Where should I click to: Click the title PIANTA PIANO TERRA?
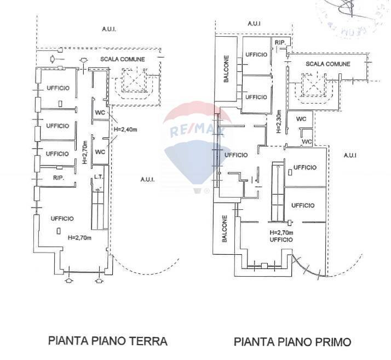[x=108, y=341]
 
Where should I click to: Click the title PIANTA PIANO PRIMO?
[x=292, y=342]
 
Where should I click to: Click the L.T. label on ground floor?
[x=99, y=176]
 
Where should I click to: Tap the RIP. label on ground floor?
[x=59, y=179]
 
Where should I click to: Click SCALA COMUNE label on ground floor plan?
[x=122, y=59]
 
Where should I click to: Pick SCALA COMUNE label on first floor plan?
[x=327, y=64]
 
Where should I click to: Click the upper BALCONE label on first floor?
[x=226, y=69]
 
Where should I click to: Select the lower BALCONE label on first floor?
[x=225, y=228]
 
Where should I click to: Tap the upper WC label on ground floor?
[x=100, y=113]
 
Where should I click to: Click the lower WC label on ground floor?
[x=100, y=152]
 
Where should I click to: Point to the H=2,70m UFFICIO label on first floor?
[x=280, y=236]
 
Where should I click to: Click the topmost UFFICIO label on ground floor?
[x=58, y=88]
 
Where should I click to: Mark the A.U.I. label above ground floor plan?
[x=109, y=28]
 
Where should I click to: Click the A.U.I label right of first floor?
[x=350, y=156]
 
